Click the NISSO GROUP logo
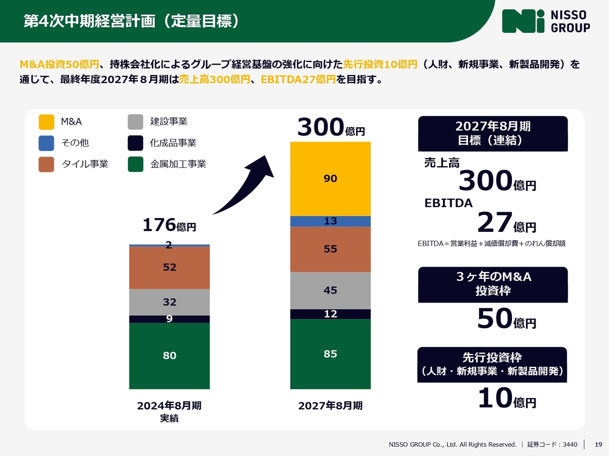[546, 21]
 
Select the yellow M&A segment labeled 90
[330, 179]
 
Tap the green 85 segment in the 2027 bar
[330, 354]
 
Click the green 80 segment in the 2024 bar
[169, 355]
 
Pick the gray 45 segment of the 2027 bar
[330, 290]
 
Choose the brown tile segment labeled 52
[169, 267]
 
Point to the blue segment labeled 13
[330, 221]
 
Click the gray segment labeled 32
[169, 302]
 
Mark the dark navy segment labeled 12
[330, 314]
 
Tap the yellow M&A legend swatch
[46, 122]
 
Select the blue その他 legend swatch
[46, 143]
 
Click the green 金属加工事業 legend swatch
[136, 164]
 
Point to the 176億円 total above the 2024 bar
[169, 225]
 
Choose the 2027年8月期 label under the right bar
[330, 406]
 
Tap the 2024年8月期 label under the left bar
[169, 406]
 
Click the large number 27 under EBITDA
[495, 222]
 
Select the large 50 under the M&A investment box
[495, 319]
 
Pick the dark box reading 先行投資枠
[492, 364]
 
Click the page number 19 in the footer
[599, 445]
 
